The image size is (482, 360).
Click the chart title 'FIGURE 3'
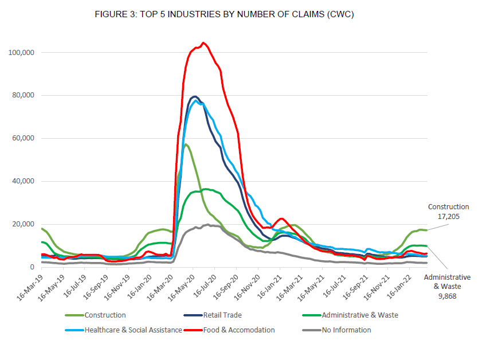pos(224,14)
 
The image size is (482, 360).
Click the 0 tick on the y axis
pos(32,268)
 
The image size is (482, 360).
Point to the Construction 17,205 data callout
pos(448,212)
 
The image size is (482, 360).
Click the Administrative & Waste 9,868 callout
pos(447,285)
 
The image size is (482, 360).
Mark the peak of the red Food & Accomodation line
pos(203,42)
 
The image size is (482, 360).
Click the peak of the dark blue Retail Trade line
pos(195,96)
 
